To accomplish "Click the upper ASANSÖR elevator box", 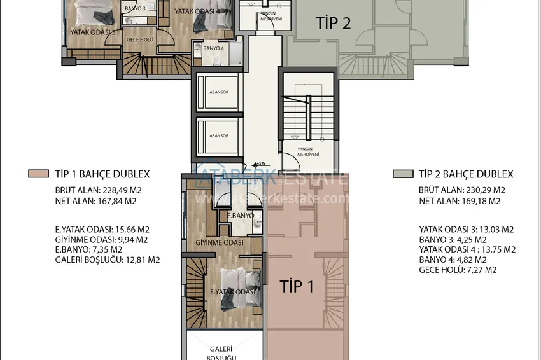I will pos(218,92).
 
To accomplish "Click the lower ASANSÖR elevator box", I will pos(218,135).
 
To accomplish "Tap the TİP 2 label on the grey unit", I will pos(333,24).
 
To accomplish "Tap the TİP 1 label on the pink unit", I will pos(297,286).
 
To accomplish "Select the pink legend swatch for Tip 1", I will pos(38,174).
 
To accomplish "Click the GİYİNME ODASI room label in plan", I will pos(220,243).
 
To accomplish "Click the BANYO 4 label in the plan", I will pos(213,48).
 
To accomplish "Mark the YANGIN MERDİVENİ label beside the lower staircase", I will pos(309,151).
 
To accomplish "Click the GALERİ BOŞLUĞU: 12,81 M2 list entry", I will pos(108,260).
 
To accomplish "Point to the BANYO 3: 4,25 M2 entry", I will pos(453,239).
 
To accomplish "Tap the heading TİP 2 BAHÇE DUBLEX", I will pos(465,174).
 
